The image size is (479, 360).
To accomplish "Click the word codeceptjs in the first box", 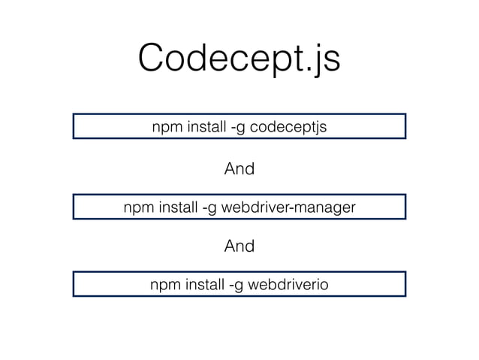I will point(288,127).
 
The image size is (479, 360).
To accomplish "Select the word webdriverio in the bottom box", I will point(288,284).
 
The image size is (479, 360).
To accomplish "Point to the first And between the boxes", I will point(239,169).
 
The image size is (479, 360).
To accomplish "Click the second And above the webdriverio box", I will point(239,246).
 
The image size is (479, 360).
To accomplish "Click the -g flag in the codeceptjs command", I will point(234,127).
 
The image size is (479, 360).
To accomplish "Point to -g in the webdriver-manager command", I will point(207,206).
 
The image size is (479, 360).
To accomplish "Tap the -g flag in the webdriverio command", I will point(233,284).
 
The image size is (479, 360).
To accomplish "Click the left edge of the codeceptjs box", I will point(74,126).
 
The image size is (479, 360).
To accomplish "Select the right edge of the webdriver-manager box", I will point(405,206).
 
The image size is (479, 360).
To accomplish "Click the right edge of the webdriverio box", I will point(405,284).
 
